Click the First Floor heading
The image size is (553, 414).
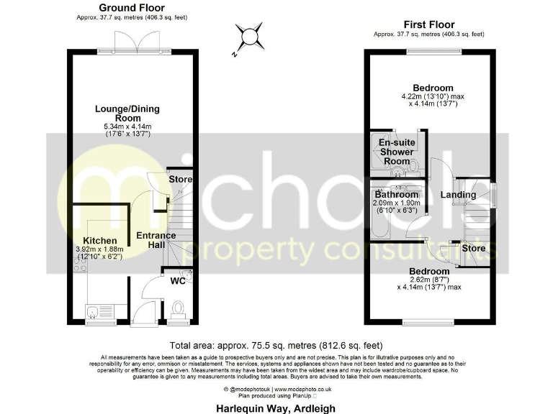pyautogui.click(x=429, y=24)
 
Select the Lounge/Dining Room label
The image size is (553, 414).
pyautogui.click(x=127, y=114)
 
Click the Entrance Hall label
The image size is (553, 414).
pyautogui.click(x=156, y=240)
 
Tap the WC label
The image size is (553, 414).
pyautogui.click(x=178, y=280)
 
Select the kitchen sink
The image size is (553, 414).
pyautogui.click(x=92, y=311)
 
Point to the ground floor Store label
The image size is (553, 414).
pyautogui.click(x=180, y=179)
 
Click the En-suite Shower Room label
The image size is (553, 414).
pyautogui.click(x=397, y=152)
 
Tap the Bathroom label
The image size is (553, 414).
pyautogui.click(x=396, y=195)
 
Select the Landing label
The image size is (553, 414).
pyautogui.click(x=459, y=195)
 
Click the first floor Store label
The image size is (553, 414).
pyautogui.click(x=474, y=249)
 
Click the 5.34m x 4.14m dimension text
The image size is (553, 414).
pyautogui.click(x=127, y=127)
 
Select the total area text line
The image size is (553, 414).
pyautogui.click(x=276, y=345)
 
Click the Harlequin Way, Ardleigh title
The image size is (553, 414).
pyautogui.click(x=276, y=406)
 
